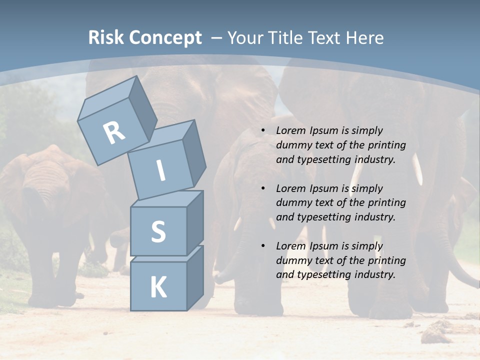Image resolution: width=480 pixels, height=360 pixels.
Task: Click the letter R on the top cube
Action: [x=114, y=132]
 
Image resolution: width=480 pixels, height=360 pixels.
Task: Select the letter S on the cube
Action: [x=158, y=232]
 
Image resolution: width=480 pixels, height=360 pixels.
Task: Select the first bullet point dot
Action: [x=263, y=130]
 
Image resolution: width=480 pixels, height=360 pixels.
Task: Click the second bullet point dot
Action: [x=263, y=188]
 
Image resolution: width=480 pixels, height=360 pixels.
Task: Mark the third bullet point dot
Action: [x=263, y=246]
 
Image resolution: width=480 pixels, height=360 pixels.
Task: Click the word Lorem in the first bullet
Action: [x=290, y=130]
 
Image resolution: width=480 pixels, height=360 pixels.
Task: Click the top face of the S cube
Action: [x=167, y=199]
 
